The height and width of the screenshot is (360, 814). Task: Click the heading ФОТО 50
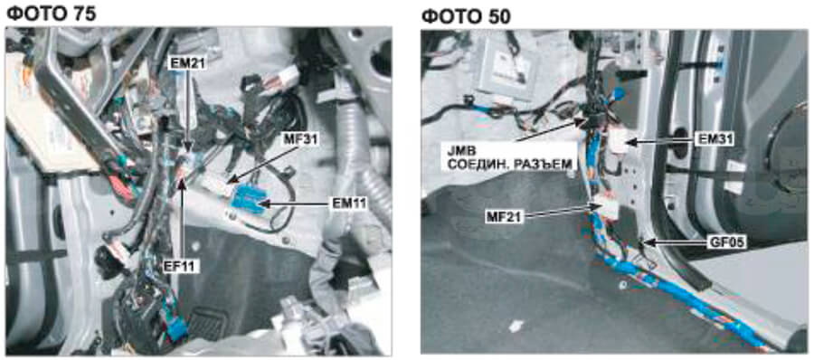coord(466,16)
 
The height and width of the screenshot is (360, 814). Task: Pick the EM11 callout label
coord(350,204)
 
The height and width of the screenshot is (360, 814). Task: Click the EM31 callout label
coord(715,140)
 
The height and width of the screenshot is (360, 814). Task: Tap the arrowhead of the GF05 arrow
coord(645,242)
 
